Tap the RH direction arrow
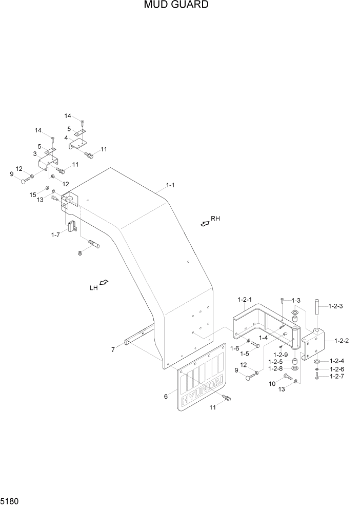(205, 223)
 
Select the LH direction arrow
(104, 283)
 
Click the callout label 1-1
(170, 185)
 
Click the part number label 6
(166, 396)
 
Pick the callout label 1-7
(55, 234)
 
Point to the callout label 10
(272, 384)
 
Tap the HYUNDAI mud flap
(201, 382)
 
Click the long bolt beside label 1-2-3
(317, 312)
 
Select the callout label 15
(33, 195)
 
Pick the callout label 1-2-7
(337, 377)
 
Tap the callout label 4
(67, 138)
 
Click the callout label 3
(35, 154)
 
